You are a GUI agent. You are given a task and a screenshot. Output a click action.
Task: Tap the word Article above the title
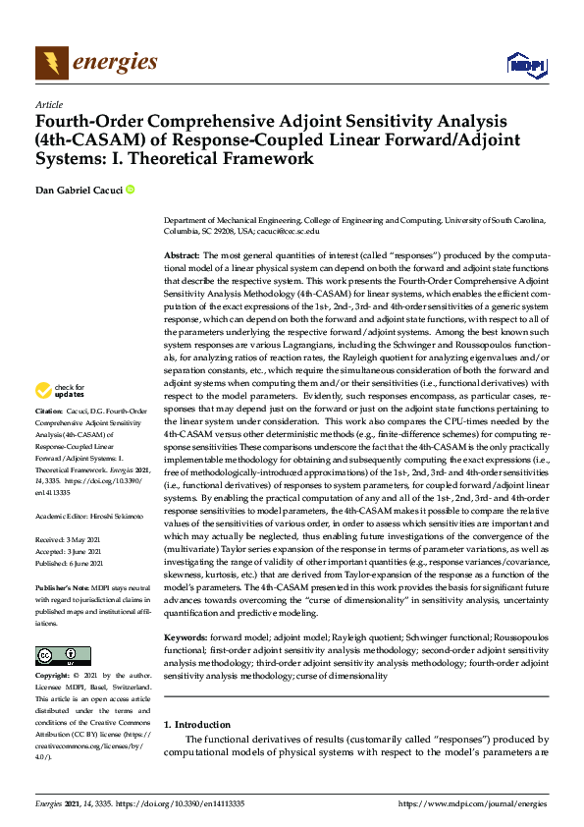pos(48,104)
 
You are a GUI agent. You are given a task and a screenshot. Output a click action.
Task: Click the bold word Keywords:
pos(187,611)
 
